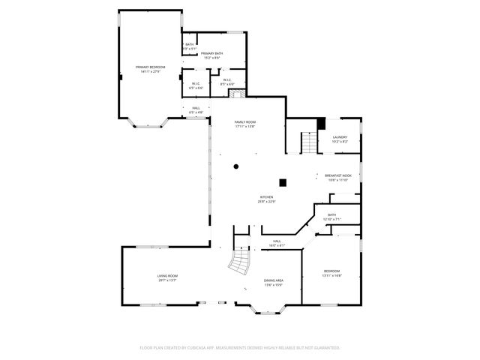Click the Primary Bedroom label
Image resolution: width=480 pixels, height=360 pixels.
point(150,70)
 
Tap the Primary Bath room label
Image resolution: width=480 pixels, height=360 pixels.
point(211,55)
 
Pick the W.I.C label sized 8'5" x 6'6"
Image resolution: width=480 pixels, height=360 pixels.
point(227,82)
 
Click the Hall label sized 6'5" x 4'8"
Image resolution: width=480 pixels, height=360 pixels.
point(195,110)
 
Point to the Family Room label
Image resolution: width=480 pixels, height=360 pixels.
point(245,124)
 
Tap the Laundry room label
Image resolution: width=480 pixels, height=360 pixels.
point(340,139)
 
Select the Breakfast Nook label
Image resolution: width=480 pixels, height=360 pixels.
point(339,178)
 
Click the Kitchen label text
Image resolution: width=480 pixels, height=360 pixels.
point(266,199)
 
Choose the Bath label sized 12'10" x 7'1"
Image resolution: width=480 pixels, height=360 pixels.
point(331,217)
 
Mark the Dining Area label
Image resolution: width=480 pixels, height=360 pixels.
point(273,282)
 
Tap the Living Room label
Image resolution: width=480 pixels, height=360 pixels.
point(166,277)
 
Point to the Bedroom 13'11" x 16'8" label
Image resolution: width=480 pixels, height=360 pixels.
point(331,273)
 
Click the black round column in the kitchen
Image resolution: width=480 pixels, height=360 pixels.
point(235,166)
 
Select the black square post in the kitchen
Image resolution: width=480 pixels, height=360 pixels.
point(283,181)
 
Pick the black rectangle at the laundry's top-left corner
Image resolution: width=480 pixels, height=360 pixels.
point(320,124)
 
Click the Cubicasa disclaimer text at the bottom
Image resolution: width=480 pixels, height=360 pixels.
point(240,348)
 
